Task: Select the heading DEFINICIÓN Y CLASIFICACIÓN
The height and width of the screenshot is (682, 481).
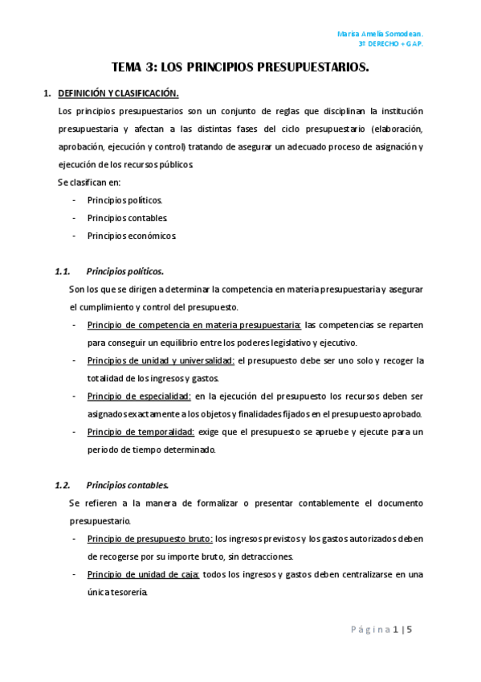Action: (x=118, y=93)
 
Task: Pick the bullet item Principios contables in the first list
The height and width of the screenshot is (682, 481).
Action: (x=127, y=217)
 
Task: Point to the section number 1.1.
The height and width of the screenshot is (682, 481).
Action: (x=63, y=271)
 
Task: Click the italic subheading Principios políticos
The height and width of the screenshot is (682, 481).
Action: (x=124, y=271)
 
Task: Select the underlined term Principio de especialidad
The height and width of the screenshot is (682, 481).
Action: (x=139, y=396)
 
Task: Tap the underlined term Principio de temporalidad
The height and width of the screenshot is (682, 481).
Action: (x=141, y=432)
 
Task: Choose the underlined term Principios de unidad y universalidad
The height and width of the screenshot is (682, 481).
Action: (x=161, y=360)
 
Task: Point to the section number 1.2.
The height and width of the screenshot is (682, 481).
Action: (x=63, y=485)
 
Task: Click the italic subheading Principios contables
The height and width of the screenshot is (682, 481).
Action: (x=127, y=485)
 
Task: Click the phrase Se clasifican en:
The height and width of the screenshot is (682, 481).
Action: (x=89, y=182)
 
